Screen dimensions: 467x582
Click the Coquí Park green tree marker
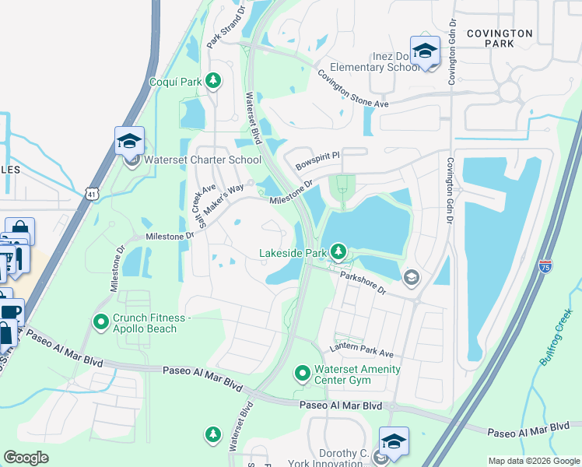coord(212,81)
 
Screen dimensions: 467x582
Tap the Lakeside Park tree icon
coord(338,251)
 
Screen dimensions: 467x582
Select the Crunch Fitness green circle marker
coord(100,321)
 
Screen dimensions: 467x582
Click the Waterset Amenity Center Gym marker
coord(303,374)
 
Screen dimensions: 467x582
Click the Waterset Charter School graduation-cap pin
coord(129,143)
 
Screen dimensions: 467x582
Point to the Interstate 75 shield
coord(545,266)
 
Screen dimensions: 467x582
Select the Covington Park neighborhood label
coord(500,38)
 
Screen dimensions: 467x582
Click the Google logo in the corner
coord(26,458)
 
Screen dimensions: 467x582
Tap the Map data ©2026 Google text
coord(533,461)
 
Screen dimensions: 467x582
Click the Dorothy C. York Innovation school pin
coord(394,442)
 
